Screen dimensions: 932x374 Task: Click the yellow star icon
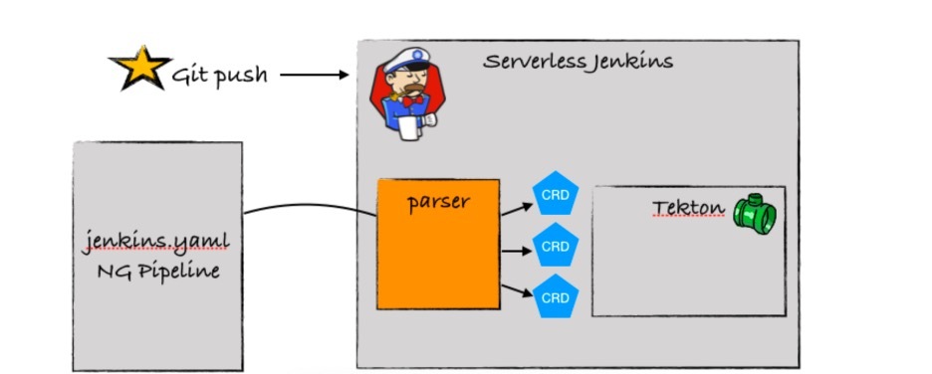point(140,68)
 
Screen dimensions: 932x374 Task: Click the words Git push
point(219,76)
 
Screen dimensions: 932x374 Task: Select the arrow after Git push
point(315,75)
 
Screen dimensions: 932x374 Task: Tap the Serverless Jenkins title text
point(578,61)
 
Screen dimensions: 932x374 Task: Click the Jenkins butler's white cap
point(407,60)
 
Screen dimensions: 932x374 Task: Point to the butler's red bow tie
point(413,100)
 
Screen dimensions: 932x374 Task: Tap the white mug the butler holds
point(409,127)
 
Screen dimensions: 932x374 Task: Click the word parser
point(438,203)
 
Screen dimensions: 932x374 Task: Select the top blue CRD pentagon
point(556,194)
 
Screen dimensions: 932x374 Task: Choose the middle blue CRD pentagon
point(556,245)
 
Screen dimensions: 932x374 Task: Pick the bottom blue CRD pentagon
point(556,296)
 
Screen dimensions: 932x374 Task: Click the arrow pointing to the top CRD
point(517,210)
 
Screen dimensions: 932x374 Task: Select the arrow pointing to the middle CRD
point(517,251)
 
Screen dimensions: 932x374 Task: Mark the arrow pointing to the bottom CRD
point(517,290)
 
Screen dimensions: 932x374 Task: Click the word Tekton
point(688,208)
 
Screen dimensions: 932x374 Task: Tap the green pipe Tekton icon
point(755,213)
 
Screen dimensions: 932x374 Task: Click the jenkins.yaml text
point(156,243)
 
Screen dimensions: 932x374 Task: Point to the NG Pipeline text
point(158,272)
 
